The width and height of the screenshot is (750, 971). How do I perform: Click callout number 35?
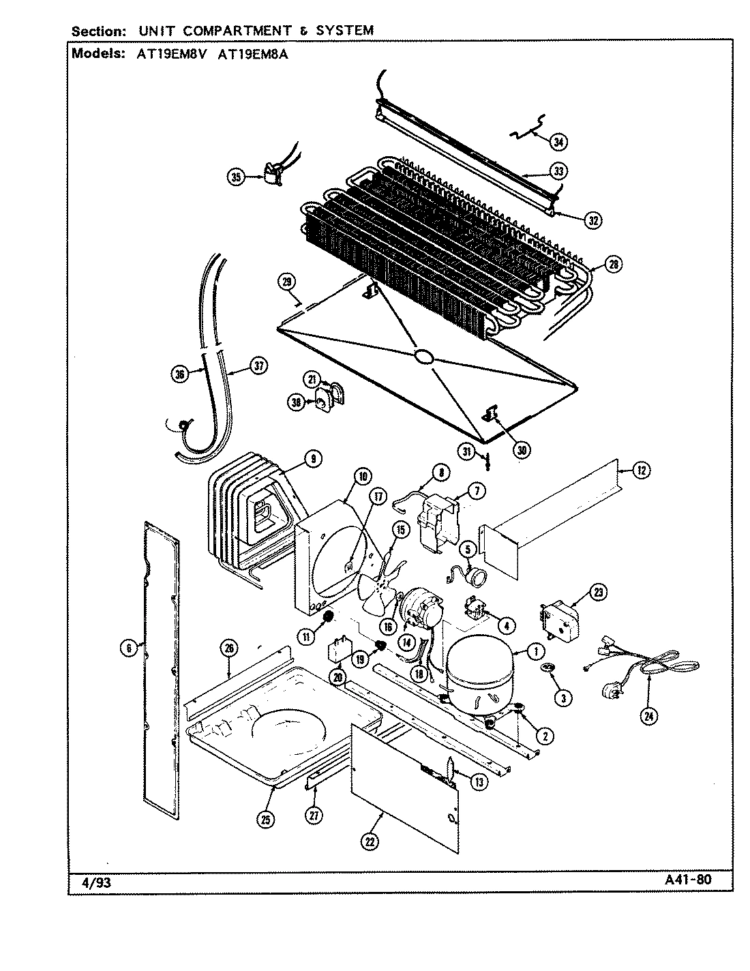(x=236, y=177)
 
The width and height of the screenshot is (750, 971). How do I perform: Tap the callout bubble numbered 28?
(x=613, y=265)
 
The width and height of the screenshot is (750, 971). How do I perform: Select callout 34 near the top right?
(x=558, y=142)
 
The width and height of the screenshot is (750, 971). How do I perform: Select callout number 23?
(x=599, y=593)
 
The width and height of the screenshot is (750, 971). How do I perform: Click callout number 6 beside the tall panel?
(x=128, y=648)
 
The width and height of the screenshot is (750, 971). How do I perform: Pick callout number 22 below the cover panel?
(x=369, y=842)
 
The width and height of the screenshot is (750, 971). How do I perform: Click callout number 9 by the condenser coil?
(x=312, y=460)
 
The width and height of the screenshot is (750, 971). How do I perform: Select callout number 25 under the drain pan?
(x=265, y=820)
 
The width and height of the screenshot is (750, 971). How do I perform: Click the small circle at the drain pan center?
(x=423, y=356)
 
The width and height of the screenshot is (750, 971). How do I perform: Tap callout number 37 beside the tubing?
(x=257, y=367)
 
